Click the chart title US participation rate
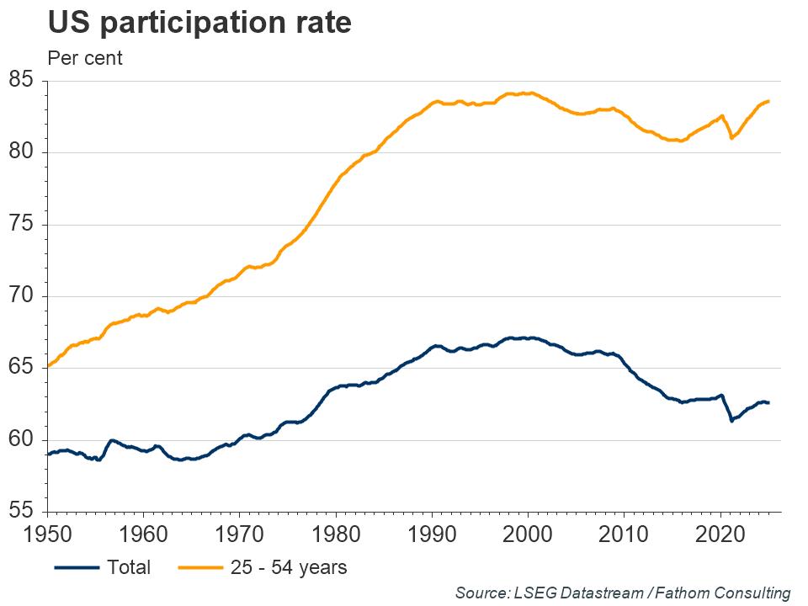click(199, 24)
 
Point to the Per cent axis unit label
click(84, 59)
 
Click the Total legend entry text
click(129, 567)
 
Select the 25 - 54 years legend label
click(288, 567)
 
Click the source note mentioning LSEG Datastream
click(623, 593)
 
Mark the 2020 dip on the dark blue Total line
click(731, 420)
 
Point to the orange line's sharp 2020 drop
click(731, 137)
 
